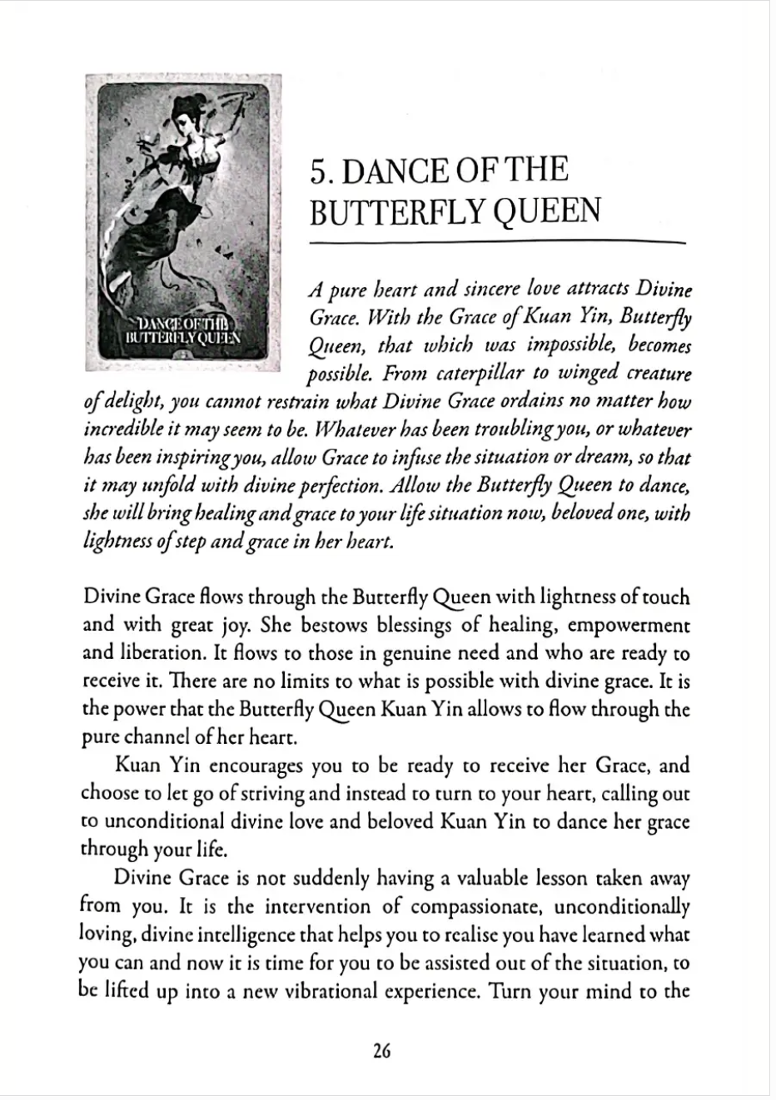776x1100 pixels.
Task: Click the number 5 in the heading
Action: [319, 171]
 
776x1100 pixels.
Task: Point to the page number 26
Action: [382, 1051]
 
